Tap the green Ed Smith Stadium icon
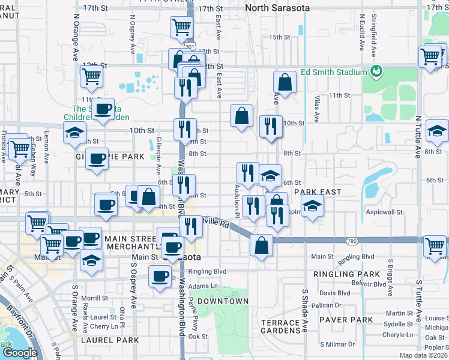click(x=376, y=72)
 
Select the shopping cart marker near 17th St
click(x=181, y=26)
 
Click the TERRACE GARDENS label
click(x=276, y=327)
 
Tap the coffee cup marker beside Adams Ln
click(x=160, y=276)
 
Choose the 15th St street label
click(x=279, y=37)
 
